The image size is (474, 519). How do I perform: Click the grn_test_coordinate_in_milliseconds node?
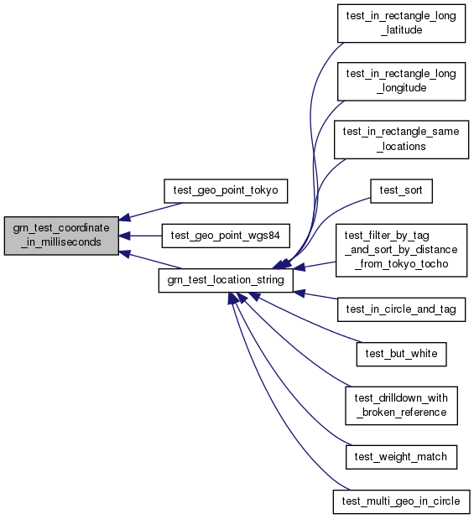pyautogui.click(x=61, y=236)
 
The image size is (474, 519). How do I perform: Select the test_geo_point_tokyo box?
pyautogui.click(x=226, y=191)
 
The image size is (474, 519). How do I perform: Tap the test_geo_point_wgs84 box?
pyautogui.click(x=226, y=236)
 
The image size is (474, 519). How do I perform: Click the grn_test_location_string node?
pyautogui.click(x=226, y=280)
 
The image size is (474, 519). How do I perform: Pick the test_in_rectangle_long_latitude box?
pyautogui.click(x=401, y=23)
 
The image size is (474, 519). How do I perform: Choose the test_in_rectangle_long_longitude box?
pyautogui.click(x=401, y=81)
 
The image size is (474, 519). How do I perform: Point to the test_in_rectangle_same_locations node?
pyautogui.click(x=401, y=140)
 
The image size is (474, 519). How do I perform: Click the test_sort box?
pyautogui.click(x=401, y=191)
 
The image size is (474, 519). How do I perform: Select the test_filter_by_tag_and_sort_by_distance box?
pyautogui.click(x=401, y=250)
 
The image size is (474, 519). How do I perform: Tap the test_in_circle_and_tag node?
pyautogui.click(x=401, y=309)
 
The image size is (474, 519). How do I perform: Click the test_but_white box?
pyautogui.click(x=401, y=354)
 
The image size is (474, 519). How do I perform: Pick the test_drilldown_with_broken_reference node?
pyautogui.click(x=401, y=406)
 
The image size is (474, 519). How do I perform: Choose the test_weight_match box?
pyautogui.click(x=401, y=457)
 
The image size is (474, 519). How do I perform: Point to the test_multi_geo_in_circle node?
pyautogui.click(x=401, y=501)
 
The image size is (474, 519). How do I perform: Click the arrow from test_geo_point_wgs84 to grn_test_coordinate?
pyautogui.click(x=140, y=236)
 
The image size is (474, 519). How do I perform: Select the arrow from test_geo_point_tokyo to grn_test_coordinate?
pyautogui.click(x=150, y=211)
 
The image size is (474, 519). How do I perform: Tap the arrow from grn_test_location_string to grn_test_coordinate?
pyautogui.click(x=150, y=260)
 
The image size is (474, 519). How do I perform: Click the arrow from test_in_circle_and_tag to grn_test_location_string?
pyautogui.click(x=315, y=296)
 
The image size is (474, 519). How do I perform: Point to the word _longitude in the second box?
pyautogui.click(x=401, y=88)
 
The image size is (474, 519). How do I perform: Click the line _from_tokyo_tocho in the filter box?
pyautogui.click(x=401, y=264)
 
